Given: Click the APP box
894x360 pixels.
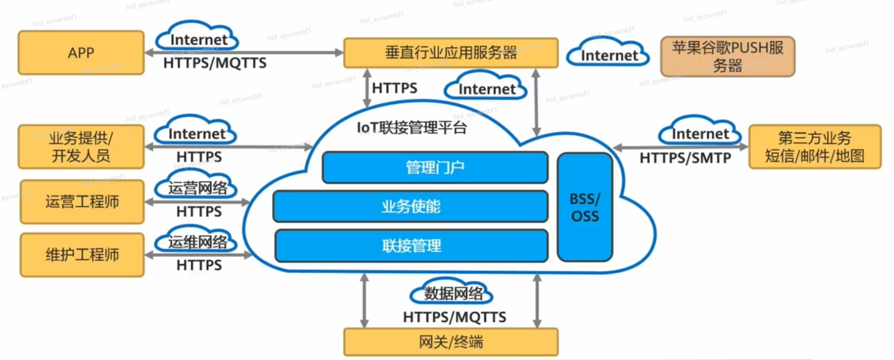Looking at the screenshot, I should pyautogui.click(x=81, y=52).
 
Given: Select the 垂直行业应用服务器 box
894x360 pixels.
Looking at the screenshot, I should pyautogui.click(x=451, y=52).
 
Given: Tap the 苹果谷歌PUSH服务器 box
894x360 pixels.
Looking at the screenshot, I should pyautogui.click(x=727, y=56).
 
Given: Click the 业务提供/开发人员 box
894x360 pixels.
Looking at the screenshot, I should pyautogui.click(x=81, y=146).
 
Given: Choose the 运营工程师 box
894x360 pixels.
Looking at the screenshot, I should pyautogui.click(x=82, y=202).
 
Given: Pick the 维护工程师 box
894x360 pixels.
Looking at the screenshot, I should pyautogui.click(x=82, y=255).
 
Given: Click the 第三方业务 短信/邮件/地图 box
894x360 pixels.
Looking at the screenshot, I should pyautogui.click(x=814, y=146).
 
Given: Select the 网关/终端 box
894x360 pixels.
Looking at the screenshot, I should pyautogui.click(x=451, y=342).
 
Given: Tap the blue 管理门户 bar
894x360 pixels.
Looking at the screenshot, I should pyautogui.click(x=435, y=167).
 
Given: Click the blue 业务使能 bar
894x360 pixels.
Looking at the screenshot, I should pyautogui.click(x=411, y=206).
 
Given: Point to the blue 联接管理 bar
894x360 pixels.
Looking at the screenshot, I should pyautogui.click(x=411, y=245).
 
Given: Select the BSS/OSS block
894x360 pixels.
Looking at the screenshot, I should pyautogui.click(x=585, y=207).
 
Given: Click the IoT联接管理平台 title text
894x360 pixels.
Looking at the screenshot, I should pyautogui.click(x=412, y=128).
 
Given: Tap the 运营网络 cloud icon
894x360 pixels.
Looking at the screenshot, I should pyautogui.click(x=197, y=187).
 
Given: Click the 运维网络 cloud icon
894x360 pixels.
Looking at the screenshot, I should pyautogui.click(x=197, y=241).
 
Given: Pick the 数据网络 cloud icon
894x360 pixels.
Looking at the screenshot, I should pyautogui.click(x=453, y=294).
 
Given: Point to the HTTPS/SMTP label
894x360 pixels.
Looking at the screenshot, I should pyautogui.click(x=685, y=158).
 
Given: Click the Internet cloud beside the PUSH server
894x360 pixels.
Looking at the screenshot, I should pyautogui.click(x=609, y=54).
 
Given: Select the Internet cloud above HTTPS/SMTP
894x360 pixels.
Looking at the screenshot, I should pyautogui.click(x=700, y=133).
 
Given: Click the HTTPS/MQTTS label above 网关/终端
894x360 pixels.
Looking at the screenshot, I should pyautogui.click(x=454, y=317).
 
